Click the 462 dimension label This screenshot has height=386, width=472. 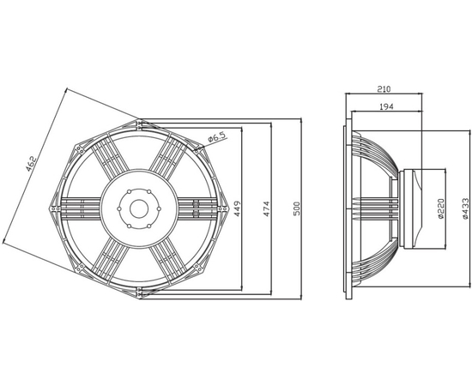coord(31,164)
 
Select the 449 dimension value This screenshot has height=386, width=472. coord(238,208)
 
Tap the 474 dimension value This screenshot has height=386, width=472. coord(267,208)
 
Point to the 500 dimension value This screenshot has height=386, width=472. coord(297,208)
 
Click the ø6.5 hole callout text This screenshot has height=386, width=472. coord(217,137)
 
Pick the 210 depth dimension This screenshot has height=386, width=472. coord(384,89)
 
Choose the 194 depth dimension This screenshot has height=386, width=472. coord(386,106)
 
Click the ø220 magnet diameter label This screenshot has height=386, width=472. coord(441,208)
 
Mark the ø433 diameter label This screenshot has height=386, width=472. coord(465,208)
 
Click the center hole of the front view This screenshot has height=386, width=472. coord(139,208)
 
